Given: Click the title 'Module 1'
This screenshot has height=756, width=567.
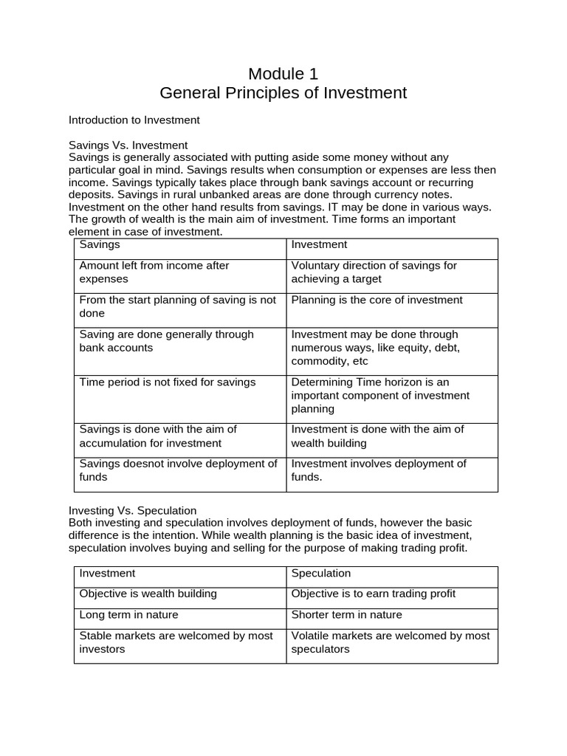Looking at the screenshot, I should (x=283, y=74).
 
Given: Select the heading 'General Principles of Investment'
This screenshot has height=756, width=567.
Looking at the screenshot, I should (x=283, y=93).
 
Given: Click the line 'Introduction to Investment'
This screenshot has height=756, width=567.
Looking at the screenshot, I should (x=134, y=120).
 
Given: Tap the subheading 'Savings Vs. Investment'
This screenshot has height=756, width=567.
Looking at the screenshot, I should (x=128, y=145).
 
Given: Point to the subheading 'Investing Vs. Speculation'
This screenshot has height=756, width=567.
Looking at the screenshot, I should (x=132, y=510).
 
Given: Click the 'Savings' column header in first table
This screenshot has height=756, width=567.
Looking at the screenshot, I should (x=100, y=244).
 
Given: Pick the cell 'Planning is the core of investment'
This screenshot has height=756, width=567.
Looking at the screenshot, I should (x=377, y=300).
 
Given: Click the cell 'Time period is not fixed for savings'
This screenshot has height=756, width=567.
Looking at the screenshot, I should (x=167, y=382).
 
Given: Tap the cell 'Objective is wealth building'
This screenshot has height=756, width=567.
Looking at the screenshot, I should (x=148, y=594).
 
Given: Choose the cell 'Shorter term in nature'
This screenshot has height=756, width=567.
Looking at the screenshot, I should (x=348, y=614).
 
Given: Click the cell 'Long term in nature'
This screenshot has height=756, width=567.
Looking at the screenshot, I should (x=128, y=614).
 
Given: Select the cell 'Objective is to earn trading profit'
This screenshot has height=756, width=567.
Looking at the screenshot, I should (x=373, y=594).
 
